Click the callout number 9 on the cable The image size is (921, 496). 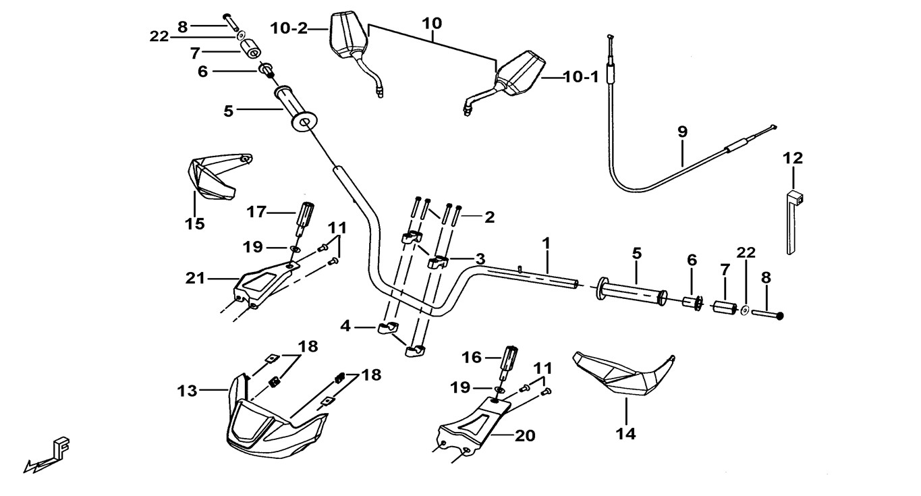pyautogui.click(x=682, y=132)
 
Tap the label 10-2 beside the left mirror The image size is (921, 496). pyautogui.click(x=289, y=28)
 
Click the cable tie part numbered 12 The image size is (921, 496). pyautogui.click(x=792, y=223)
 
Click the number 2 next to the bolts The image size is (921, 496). pyautogui.click(x=489, y=217)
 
